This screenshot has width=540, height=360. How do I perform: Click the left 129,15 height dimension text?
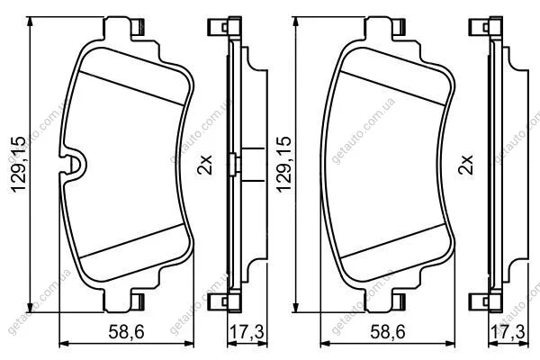tap(18, 165)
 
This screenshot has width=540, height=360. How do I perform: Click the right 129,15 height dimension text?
tap(283, 165)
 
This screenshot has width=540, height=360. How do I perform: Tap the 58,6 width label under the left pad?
tap(126, 332)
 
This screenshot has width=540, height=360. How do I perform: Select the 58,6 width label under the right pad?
tap(388, 332)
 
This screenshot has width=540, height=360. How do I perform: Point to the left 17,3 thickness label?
tap(247, 332)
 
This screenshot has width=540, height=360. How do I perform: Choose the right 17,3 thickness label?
tap(508, 332)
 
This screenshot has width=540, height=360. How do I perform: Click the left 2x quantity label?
tap(204, 165)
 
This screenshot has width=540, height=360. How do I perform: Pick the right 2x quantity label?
tap(466, 165)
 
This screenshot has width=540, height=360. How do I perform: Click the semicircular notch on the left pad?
tap(74, 165)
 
